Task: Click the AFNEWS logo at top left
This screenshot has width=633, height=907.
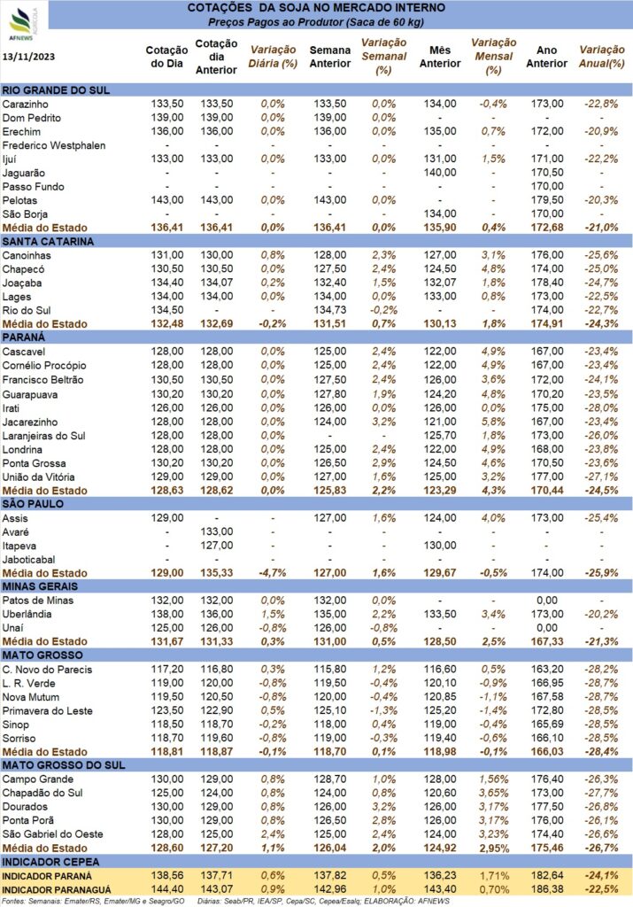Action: [23, 22]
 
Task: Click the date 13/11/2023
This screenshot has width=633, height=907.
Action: [29, 57]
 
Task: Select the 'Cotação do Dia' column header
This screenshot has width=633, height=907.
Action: [166, 57]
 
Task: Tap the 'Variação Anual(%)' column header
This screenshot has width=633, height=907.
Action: [602, 57]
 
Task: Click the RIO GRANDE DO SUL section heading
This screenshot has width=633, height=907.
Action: [56, 90]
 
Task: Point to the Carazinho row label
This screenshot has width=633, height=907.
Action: [26, 105]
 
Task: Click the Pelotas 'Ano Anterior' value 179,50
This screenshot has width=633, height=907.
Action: [547, 200]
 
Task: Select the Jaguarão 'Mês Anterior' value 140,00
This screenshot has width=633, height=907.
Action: [440, 173]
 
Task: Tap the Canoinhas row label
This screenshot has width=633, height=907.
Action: [27, 255]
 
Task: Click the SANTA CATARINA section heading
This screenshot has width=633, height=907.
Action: [48, 242]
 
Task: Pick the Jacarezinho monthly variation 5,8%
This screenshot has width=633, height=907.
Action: [493, 422]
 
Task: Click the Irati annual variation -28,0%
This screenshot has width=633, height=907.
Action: [601, 407]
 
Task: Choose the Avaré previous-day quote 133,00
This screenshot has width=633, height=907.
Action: [217, 531]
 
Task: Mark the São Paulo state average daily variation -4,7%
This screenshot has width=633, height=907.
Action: [273, 573]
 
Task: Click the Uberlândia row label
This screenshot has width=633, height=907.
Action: [27, 615]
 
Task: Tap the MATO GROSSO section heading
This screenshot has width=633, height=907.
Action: [42, 655]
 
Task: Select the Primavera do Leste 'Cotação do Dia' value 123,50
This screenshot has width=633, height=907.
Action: [167, 711]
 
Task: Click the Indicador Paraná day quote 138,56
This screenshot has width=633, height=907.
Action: [167, 876]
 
